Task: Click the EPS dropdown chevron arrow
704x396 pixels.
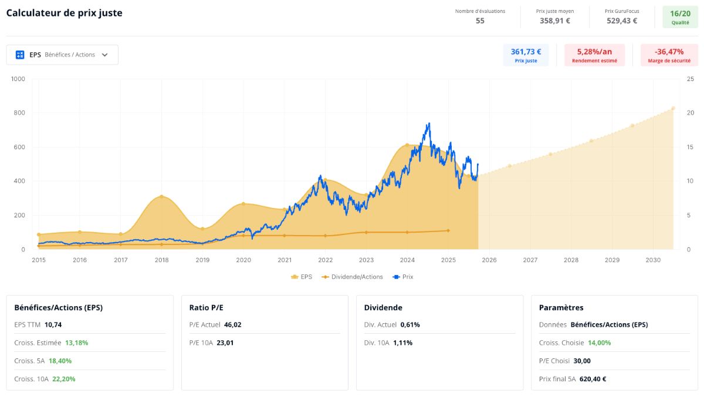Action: coord(104,55)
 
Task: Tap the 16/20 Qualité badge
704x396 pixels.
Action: coord(680,17)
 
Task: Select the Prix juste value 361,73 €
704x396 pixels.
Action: coord(526,51)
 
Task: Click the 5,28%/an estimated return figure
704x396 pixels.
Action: coord(594,51)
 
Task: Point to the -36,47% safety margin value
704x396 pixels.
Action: coord(669,51)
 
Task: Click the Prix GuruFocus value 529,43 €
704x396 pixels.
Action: coord(622,21)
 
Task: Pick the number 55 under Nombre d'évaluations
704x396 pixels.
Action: coord(480,21)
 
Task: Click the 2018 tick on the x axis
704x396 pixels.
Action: coord(161,260)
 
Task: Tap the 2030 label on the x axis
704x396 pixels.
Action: coord(653,260)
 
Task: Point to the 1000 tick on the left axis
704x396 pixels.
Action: coord(18,79)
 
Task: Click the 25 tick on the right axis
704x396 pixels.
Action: coord(690,79)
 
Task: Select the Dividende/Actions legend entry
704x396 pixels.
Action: coord(352,277)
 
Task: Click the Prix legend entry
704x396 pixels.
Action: coord(403,277)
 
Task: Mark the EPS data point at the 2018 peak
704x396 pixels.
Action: coord(161,197)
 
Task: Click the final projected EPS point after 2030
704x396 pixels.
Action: coord(673,108)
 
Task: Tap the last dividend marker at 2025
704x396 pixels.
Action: coord(448,231)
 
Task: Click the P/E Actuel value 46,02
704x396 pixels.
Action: coord(232,324)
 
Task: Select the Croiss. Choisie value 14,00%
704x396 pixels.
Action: coord(600,343)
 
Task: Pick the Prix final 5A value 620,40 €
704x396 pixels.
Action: coord(593,379)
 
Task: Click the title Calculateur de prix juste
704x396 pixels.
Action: coord(64,14)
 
